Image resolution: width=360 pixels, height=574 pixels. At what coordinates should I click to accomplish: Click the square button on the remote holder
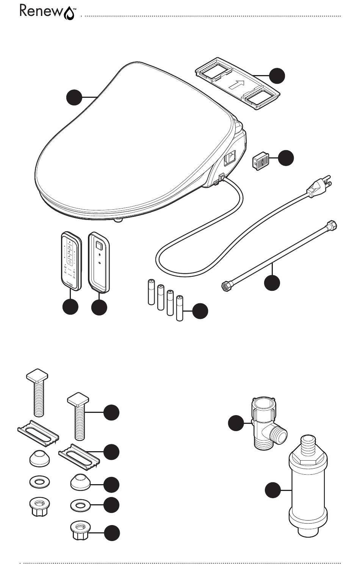[99, 246]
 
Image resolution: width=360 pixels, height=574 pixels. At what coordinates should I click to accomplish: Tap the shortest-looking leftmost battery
[151, 292]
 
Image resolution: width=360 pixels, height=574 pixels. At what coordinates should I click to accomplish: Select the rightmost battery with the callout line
[180, 308]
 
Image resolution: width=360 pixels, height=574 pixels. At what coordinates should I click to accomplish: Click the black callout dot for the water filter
[273, 490]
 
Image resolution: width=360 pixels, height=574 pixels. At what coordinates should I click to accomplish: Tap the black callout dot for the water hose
[272, 282]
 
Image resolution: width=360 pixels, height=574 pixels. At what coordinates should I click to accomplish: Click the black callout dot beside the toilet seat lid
[74, 97]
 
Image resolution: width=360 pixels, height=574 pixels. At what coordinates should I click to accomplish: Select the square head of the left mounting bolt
[37, 375]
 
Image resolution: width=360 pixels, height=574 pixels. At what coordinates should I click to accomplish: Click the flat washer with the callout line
[80, 505]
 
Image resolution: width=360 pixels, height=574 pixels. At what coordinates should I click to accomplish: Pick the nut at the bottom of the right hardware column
[80, 530]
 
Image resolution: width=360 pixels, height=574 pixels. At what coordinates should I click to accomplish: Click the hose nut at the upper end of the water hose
[332, 226]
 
